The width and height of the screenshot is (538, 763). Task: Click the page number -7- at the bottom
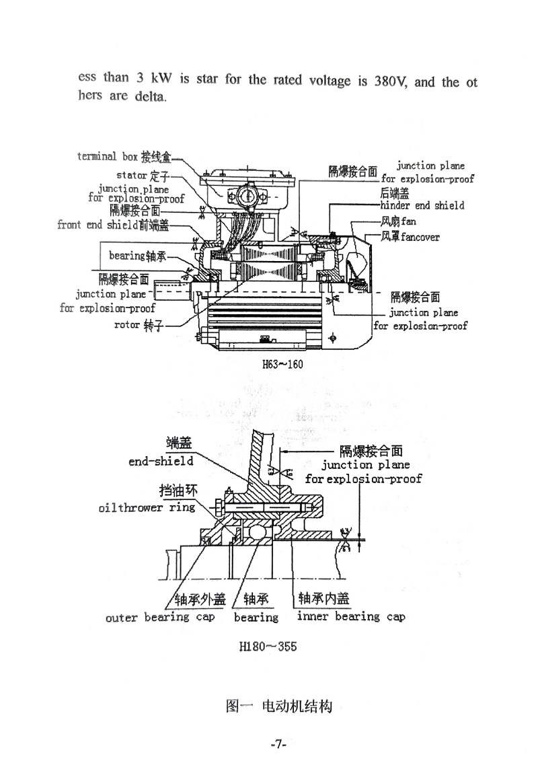(x=278, y=744)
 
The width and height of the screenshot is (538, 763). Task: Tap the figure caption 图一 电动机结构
(x=280, y=706)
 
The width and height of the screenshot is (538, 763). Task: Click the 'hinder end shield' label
(x=422, y=205)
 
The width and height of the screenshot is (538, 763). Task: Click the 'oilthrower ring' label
(x=146, y=507)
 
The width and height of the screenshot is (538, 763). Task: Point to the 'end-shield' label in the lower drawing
(x=161, y=461)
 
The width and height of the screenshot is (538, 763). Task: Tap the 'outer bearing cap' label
(x=160, y=616)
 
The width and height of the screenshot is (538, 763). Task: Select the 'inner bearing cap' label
(x=350, y=616)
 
